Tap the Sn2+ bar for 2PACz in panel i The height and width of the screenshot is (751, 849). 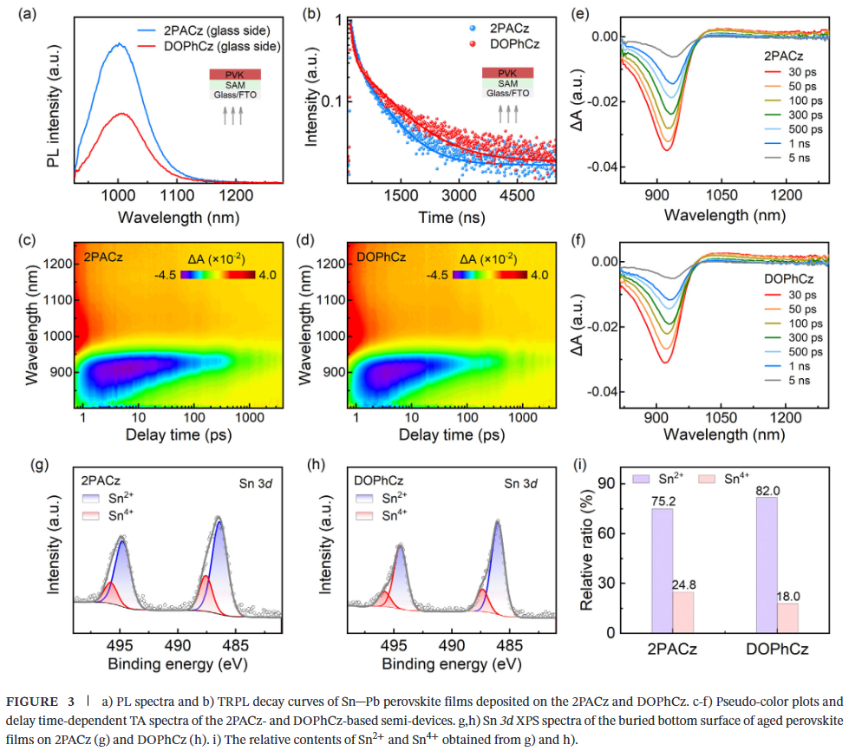[x=661, y=570]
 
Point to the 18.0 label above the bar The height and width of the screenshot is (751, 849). [x=787, y=596]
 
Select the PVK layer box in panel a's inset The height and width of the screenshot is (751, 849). [x=234, y=72]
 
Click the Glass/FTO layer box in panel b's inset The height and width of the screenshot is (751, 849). [x=507, y=93]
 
